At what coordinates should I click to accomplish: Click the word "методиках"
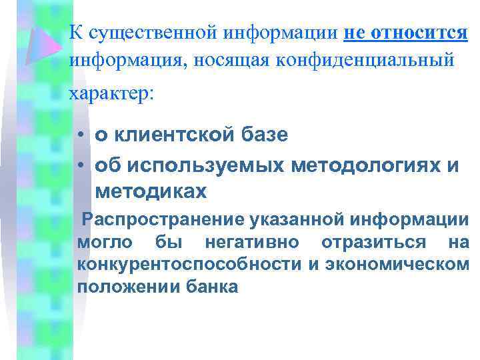(151, 192)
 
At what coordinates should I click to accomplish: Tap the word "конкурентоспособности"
(190, 264)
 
